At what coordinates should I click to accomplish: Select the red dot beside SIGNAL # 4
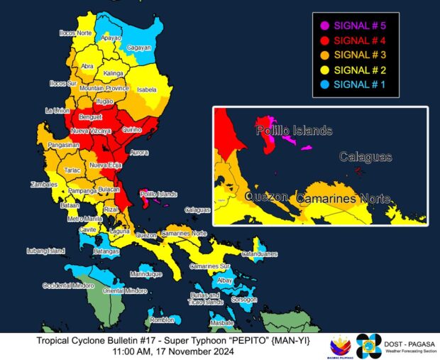click(324, 40)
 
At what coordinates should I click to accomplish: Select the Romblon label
click(162, 320)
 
